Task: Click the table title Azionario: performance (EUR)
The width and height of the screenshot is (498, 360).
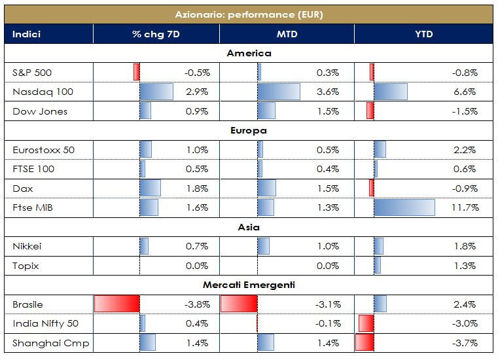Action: (x=249, y=14)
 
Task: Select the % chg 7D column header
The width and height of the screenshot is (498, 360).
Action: (x=156, y=34)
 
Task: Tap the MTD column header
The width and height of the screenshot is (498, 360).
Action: (x=287, y=34)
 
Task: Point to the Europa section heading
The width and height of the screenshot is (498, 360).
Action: (x=249, y=130)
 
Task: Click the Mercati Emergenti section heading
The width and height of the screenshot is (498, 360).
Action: (x=249, y=285)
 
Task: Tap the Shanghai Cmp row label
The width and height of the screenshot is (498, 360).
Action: (x=51, y=343)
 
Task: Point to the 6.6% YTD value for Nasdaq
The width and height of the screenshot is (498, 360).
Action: (x=466, y=92)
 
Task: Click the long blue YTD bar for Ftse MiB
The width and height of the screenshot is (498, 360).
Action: (x=404, y=207)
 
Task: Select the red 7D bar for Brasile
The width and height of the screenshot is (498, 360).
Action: (x=117, y=304)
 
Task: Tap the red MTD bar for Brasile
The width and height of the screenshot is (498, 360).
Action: (x=239, y=304)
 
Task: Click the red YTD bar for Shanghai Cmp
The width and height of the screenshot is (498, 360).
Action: (x=365, y=343)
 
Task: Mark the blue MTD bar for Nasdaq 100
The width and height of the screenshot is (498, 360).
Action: (x=279, y=92)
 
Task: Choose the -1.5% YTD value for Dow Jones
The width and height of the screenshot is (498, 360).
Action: (x=464, y=111)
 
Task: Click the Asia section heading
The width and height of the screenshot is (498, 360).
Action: (x=249, y=227)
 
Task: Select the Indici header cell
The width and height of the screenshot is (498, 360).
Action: (x=27, y=34)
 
